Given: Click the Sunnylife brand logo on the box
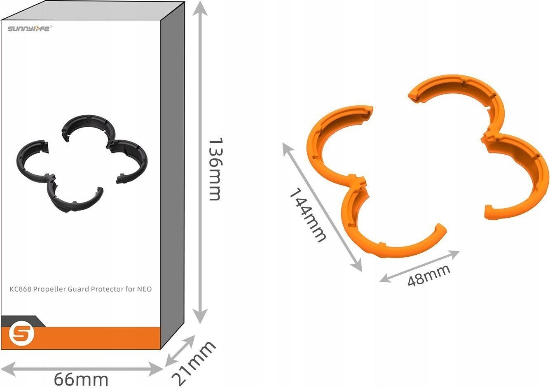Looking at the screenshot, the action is pyautogui.click(x=30, y=28).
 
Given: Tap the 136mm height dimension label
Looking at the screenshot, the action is pyautogui.click(x=215, y=169).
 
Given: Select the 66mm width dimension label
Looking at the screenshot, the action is pyautogui.click(x=81, y=379).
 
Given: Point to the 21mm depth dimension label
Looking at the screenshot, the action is pyautogui.click(x=193, y=364).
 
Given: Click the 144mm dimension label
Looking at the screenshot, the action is pyautogui.click(x=308, y=215).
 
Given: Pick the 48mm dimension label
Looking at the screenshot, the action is pyautogui.click(x=429, y=275).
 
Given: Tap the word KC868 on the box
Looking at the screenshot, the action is pyautogui.click(x=21, y=289).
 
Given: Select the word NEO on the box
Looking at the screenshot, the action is pyautogui.click(x=144, y=289).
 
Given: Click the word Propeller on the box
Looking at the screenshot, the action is pyautogui.click(x=49, y=289).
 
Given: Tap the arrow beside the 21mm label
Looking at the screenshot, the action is pyautogui.click(x=180, y=351).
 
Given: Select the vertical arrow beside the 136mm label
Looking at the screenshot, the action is pyautogui.click(x=200, y=162).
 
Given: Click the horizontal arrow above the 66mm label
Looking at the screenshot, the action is pyautogui.click(x=82, y=369).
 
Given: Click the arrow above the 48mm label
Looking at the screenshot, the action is pyautogui.click(x=419, y=267).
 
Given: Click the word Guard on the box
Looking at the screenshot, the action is pyautogui.click(x=78, y=289).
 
